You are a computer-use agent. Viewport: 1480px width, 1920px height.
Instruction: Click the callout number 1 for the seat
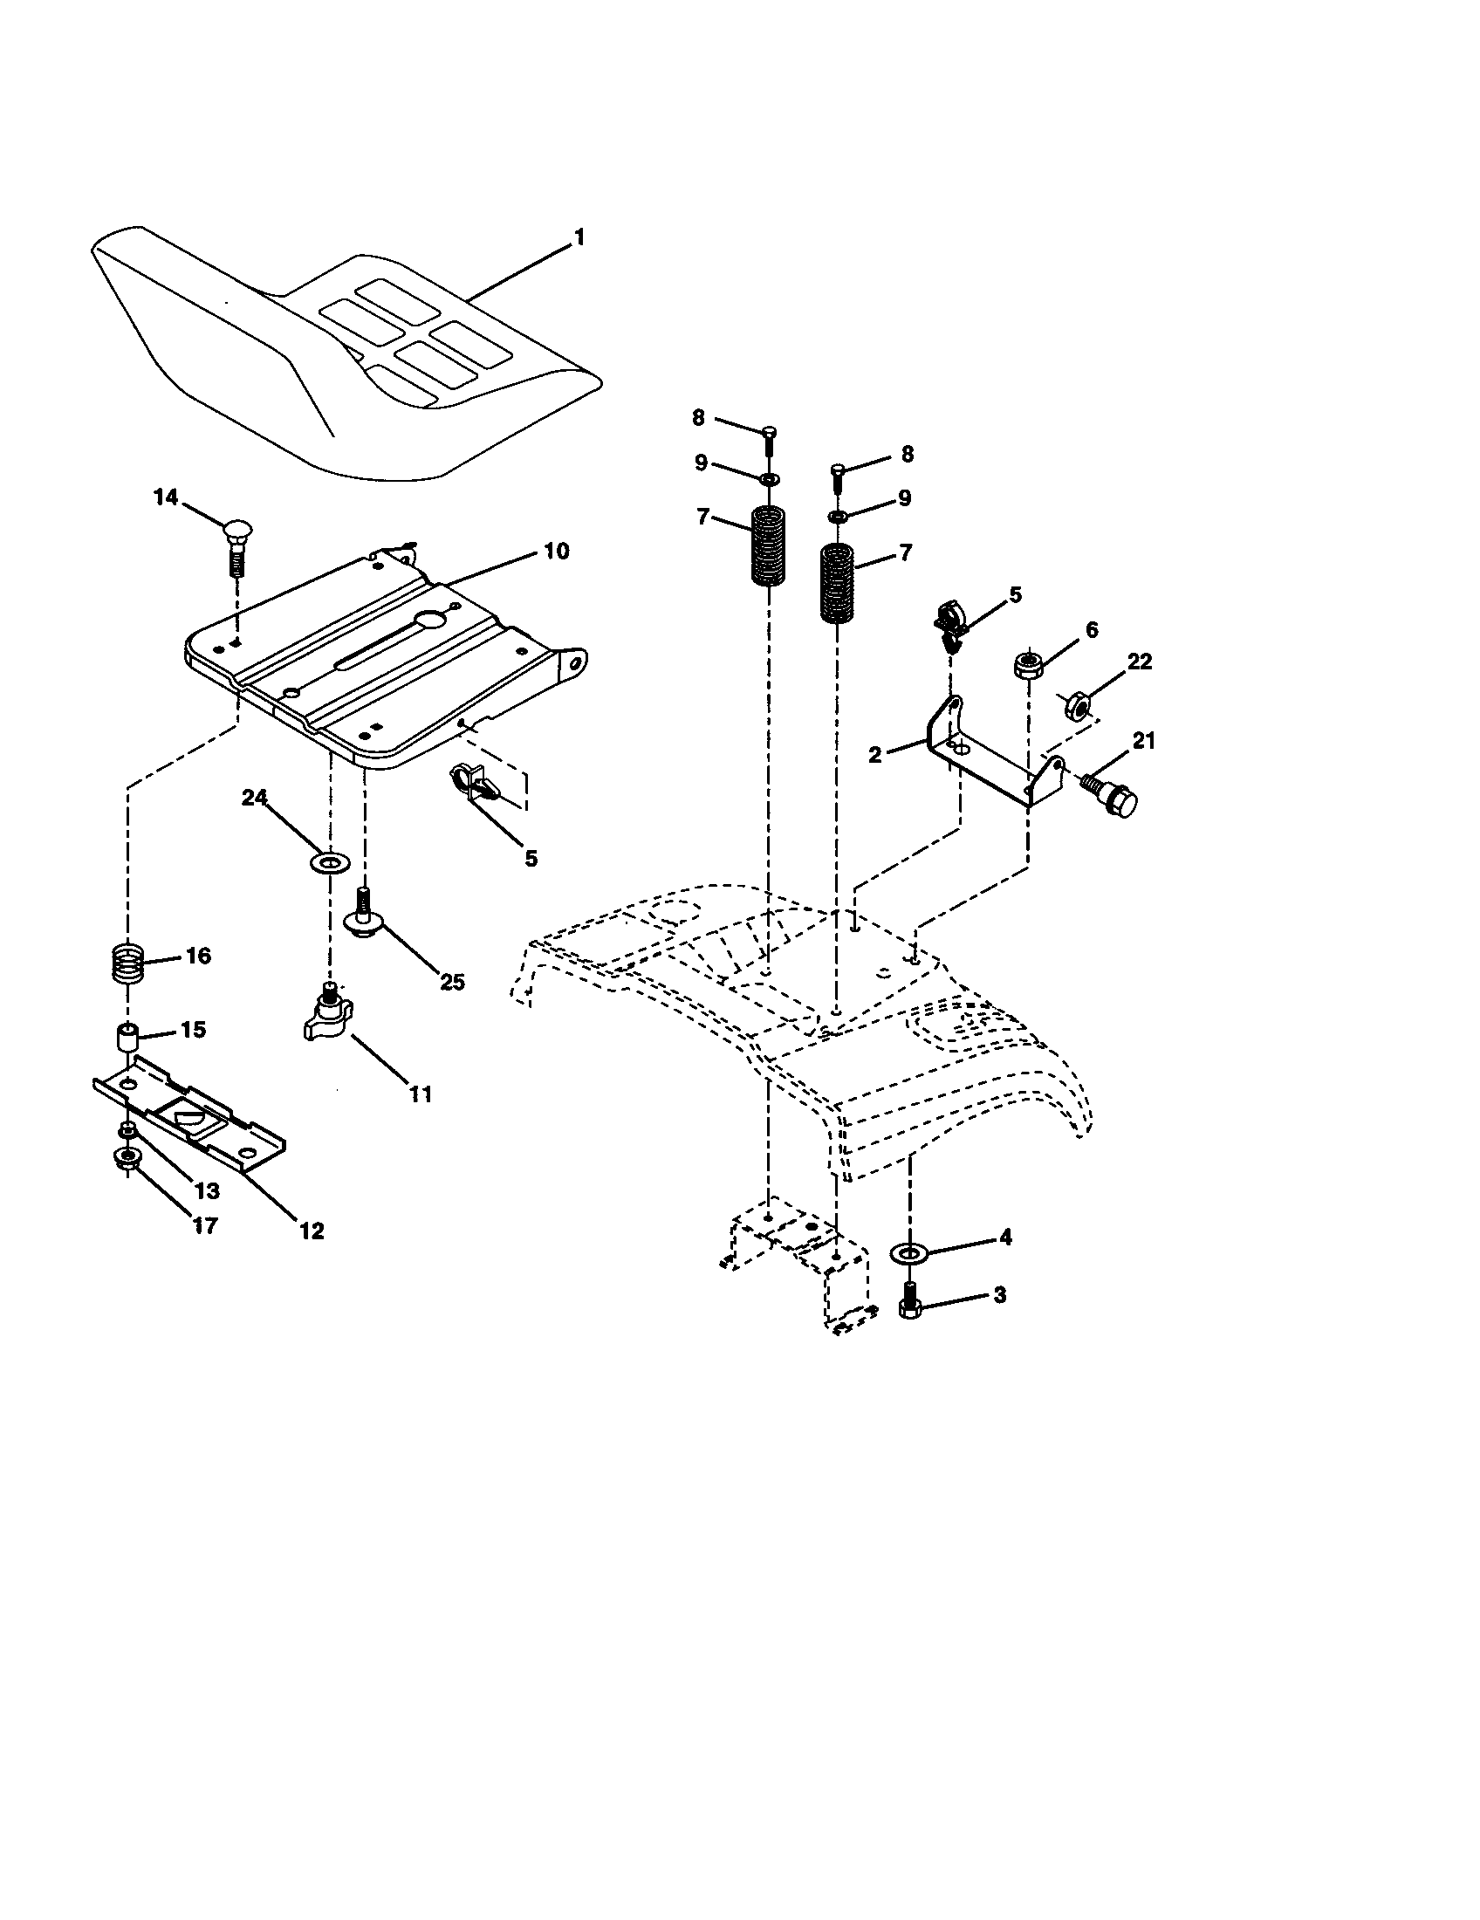[x=579, y=237]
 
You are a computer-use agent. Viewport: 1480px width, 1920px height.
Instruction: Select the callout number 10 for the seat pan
[x=556, y=552]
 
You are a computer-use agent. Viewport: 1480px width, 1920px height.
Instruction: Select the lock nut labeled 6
[x=1026, y=664]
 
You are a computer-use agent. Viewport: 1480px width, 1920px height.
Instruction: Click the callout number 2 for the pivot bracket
[x=874, y=754]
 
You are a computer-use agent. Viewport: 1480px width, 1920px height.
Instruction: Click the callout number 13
[x=208, y=1190]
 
